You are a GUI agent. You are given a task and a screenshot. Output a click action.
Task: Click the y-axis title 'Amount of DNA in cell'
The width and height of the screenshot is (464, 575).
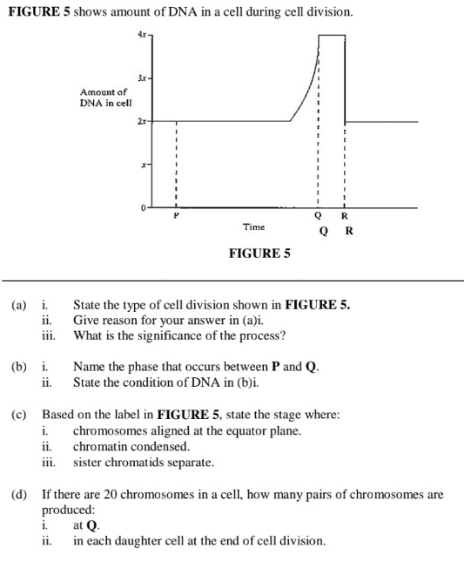[x=104, y=98]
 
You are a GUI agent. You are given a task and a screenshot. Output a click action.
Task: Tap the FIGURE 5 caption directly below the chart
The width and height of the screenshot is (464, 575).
[x=259, y=254]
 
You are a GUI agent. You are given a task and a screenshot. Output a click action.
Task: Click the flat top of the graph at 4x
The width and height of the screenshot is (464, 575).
[x=332, y=36]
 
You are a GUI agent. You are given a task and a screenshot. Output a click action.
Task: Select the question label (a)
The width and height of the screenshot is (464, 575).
[x=18, y=306]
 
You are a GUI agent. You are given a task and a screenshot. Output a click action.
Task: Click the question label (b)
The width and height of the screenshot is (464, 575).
[x=18, y=367]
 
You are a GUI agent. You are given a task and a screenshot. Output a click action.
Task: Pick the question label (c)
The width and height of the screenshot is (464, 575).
[x=18, y=415]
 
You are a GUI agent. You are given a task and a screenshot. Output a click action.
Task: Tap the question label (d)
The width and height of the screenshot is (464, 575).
[x=18, y=494]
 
